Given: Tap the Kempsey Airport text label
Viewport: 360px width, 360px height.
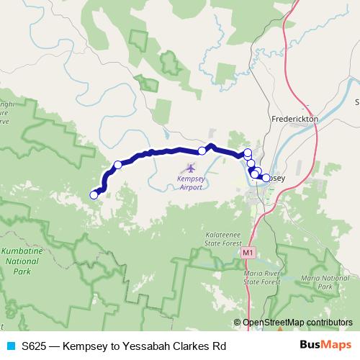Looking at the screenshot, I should (191, 182).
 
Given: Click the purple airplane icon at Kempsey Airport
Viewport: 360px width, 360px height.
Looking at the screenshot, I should (190, 168).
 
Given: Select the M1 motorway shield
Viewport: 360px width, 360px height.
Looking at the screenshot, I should (248, 253).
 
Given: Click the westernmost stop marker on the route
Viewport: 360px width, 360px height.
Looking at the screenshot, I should (94, 194).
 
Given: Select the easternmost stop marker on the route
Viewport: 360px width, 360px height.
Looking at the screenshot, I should (266, 178).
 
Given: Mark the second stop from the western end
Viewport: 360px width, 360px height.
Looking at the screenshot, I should (118, 165).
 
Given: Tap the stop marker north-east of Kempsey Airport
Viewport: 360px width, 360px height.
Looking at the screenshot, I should (202, 150).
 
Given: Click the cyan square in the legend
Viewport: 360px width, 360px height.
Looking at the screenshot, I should (10, 346).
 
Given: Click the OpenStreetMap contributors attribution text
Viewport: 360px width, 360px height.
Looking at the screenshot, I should (297, 323).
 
